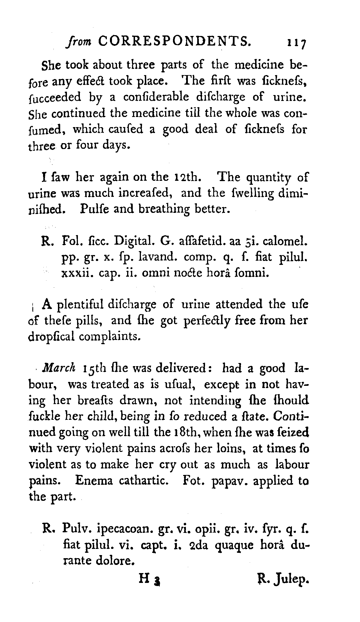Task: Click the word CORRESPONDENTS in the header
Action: (174, 41)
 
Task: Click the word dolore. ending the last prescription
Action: (114, 561)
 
